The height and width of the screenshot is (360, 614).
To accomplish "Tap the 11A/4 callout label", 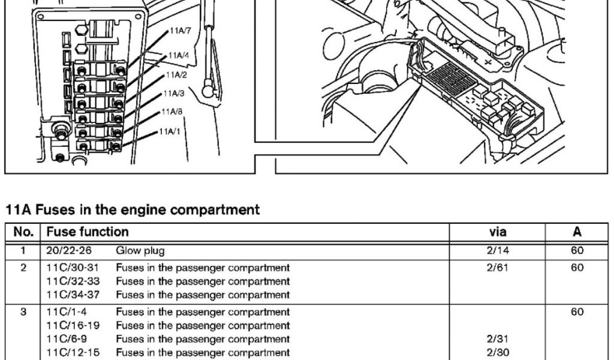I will (179, 55).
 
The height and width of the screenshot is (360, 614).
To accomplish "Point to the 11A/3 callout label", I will (173, 94).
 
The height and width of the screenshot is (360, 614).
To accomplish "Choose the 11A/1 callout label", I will (169, 131).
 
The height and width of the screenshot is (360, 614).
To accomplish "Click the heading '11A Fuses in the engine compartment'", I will (133, 210).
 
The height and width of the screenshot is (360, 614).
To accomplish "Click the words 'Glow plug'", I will (140, 251).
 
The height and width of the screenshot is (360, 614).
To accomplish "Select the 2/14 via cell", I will (498, 251).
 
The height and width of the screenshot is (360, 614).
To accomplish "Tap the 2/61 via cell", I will (498, 268).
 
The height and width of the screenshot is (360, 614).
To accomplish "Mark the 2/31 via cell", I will (498, 340).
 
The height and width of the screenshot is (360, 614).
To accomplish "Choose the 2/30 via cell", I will (498, 353).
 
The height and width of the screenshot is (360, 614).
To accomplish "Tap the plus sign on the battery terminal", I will (487, 62).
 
